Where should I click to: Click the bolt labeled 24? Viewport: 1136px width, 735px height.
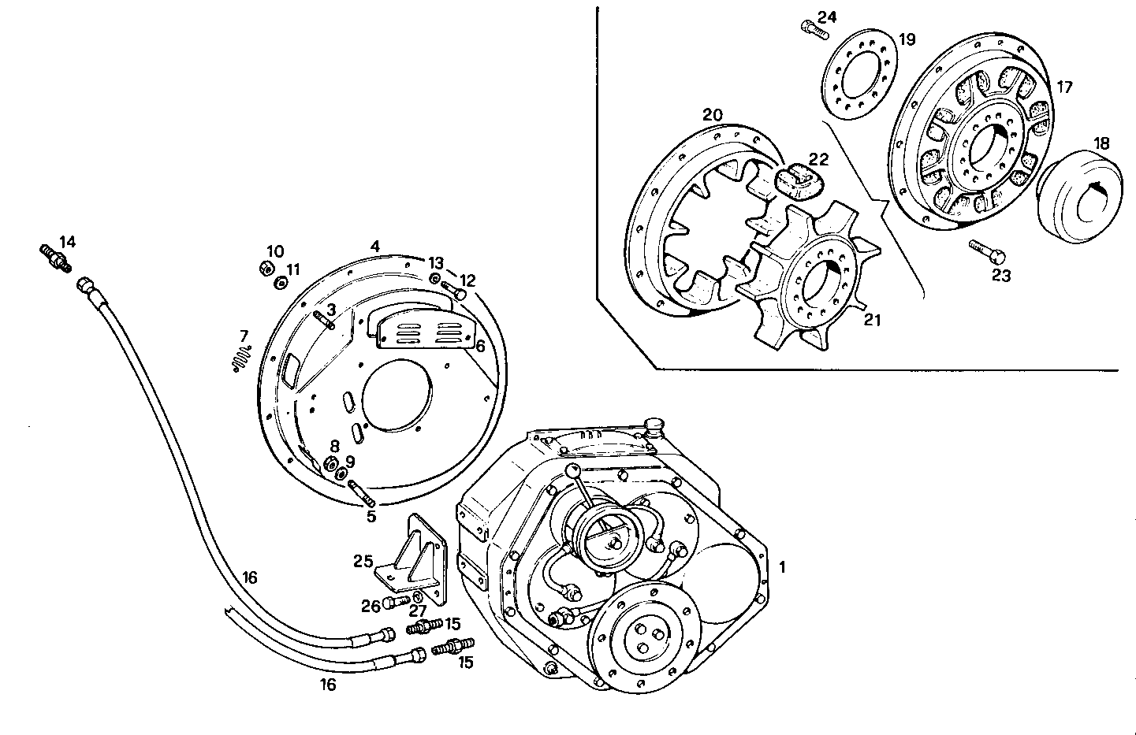[x=814, y=30]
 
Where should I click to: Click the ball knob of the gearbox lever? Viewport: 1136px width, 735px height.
[x=571, y=470]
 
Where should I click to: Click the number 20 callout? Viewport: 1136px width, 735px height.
[x=712, y=115]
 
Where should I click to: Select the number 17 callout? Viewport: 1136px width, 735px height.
[x=1064, y=87]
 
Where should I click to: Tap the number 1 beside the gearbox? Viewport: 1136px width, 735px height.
[x=782, y=566]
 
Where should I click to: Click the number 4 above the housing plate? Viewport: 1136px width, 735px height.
[x=375, y=246]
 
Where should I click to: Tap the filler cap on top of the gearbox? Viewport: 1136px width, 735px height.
[x=654, y=426]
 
